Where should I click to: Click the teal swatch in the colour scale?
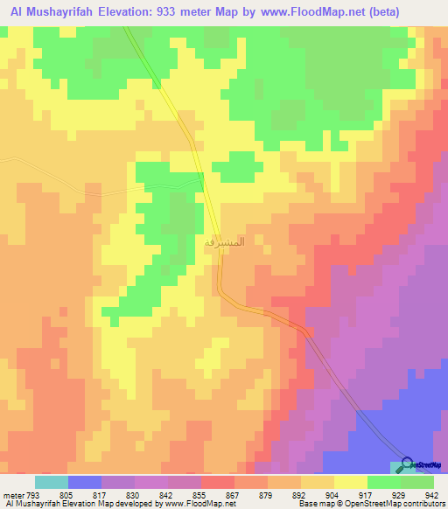52,482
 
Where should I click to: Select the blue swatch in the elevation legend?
85,482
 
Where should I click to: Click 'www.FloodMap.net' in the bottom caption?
198,504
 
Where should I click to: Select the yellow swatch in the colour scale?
350,482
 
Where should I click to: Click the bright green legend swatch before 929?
383,482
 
